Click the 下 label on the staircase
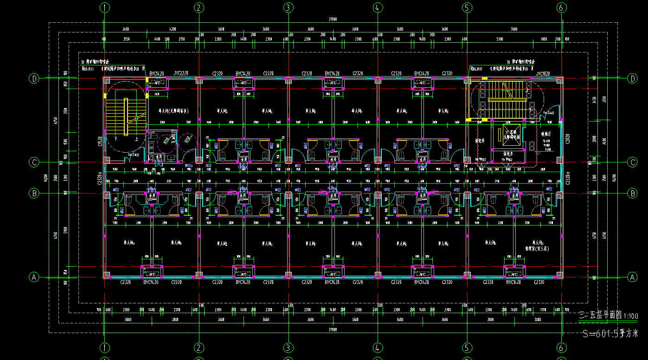tap(116, 139)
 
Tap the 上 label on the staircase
tap(136, 139)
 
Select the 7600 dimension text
tap(513, 29)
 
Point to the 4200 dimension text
tap(173, 29)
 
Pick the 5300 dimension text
tap(499, 39)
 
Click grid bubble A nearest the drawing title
tap(632, 277)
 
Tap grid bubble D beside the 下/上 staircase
tap(34, 78)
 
